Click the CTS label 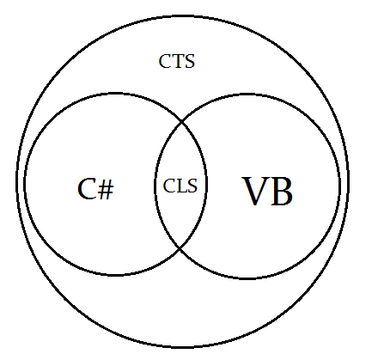(x=177, y=61)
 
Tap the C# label (x=95, y=189)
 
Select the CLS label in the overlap (x=180, y=186)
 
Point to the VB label (x=267, y=191)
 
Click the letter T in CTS (x=178, y=61)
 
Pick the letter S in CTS (x=190, y=61)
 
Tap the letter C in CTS (x=165, y=61)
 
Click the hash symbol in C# (x=106, y=189)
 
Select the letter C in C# (x=87, y=189)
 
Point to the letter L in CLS (x=181, y=186)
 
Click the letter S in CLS (x=192, y=186)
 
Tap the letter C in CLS (x=169, y=186)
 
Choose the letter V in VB (x=254, y=191)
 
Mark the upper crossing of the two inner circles (x=182, y=122)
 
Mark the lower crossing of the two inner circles (x=180, y=247)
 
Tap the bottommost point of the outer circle (x=182, y=346)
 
